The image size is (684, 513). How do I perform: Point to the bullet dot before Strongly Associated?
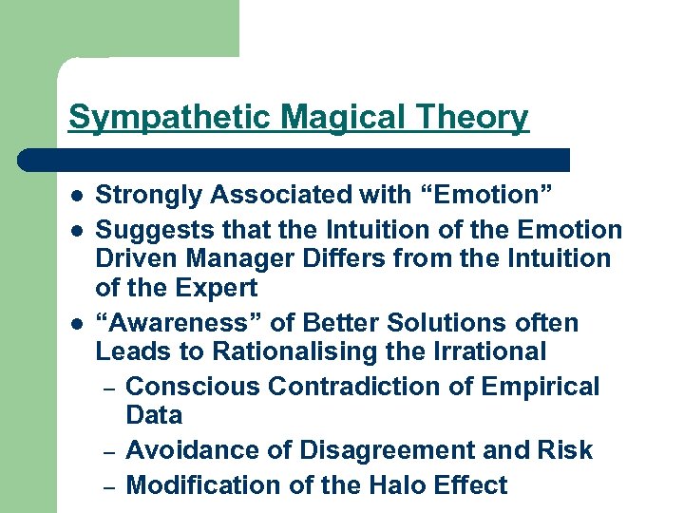[x=75, y=197]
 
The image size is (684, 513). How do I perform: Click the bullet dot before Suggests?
[x=75, y=231]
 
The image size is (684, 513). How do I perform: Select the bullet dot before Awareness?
[x=75, y=324]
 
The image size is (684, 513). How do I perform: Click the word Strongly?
[x=149, y=196]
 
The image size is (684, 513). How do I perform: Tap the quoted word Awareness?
[x=174, y=322]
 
